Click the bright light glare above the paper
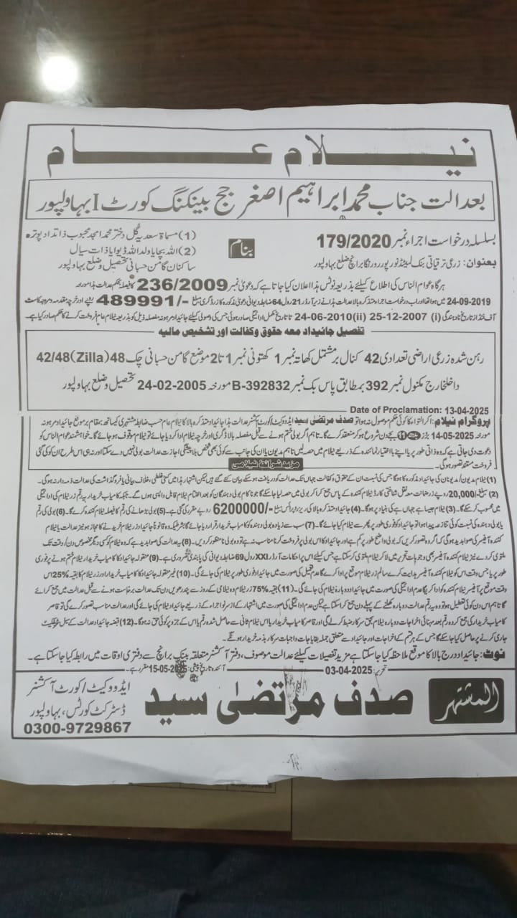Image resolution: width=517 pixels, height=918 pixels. point(59,74)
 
